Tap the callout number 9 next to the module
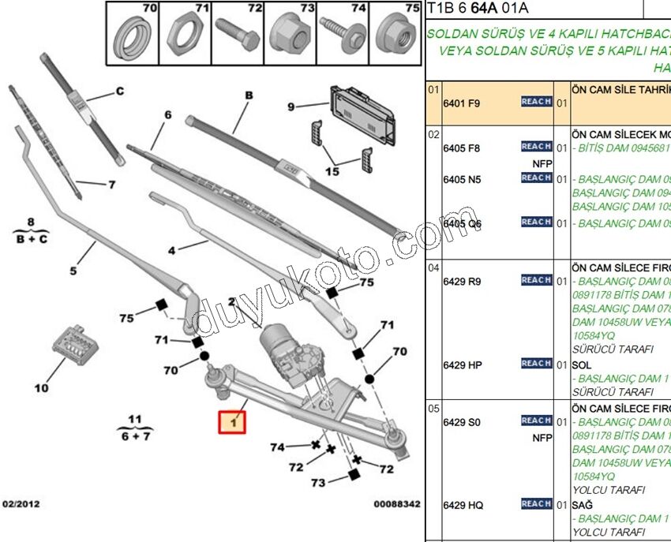tap(291, 107)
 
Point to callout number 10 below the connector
tap(41, 387)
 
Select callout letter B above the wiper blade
tap(248, 95)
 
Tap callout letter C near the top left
tap(120, 92)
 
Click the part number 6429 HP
tap(463, 365)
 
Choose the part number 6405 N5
tap(463, 180)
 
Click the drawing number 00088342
tap(396, 503)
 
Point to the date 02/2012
tap(21, 503)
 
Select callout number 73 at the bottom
tap(317, 482)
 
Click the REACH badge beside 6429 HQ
tap(536, 503)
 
